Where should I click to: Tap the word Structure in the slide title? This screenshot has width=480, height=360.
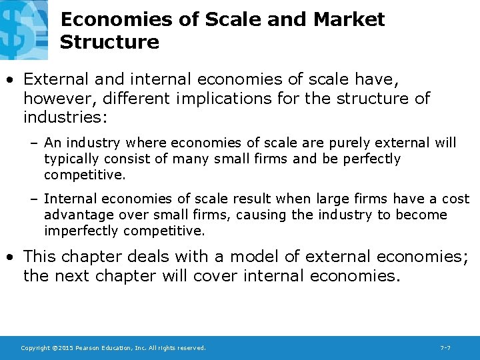pos(109,43)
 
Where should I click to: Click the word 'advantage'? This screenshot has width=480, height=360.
pos(74,215)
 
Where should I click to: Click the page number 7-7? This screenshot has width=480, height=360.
pos(445,347)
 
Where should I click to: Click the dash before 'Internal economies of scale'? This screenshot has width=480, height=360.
pos(34,199)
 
